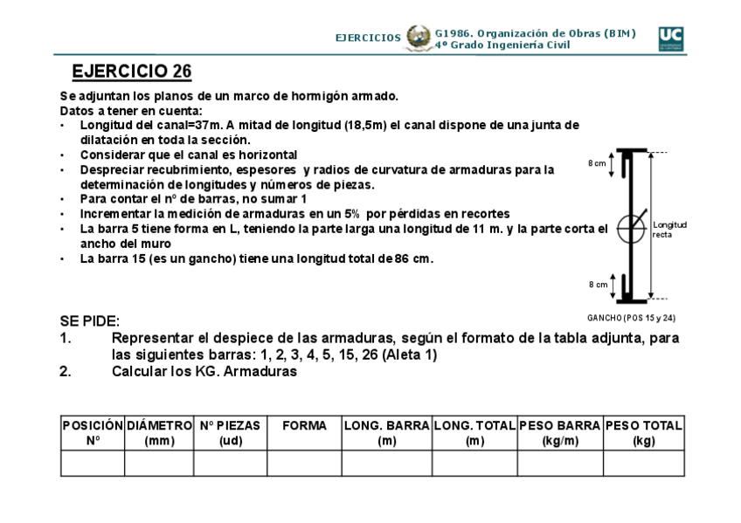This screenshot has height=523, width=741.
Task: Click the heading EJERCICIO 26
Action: pyautogui.click(x=131, y=71)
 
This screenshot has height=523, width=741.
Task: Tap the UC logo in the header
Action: pyautogui.click(x=670, y=38)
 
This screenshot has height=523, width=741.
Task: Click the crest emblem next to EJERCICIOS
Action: pyautogui.click(x=419, y=38)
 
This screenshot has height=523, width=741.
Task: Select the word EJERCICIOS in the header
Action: pyautogui.click(x=368, y=38)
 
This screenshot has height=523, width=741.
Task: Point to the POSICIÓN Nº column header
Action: pyautogui.click(x=93, y=433)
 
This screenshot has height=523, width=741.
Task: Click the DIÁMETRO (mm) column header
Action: pyautogui.click(x=159, y=433)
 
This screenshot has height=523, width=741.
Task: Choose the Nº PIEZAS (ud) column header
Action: pyautogui.click(x=230, y=433)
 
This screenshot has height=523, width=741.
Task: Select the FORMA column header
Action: pyautogui.click(x=304, y=426)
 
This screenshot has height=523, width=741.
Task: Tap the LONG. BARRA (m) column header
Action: pyautogui.click(x=386, y=433)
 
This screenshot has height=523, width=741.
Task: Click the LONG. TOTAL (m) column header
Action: pyautogui.click(x=474, y=433)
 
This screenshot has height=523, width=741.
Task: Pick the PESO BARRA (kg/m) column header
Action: pyautogui.click(x=559, y=433)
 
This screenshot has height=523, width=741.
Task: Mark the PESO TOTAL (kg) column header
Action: pyautogui.click(x=643, y=433)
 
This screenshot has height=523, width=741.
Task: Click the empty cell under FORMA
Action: pyautogui.click(x=304, y=463)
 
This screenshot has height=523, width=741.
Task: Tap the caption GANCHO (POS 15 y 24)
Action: pyautogui.click(x=631, y=318)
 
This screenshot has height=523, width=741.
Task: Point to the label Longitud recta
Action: pyautogui.click(x=669, y=230)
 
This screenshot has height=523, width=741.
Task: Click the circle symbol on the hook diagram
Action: pyautogui.click(x=631, y=229)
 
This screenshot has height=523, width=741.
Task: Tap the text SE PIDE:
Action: pyautogui.click(x=90, y=321)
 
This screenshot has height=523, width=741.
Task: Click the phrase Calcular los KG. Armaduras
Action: pyautogui.click(x=204, y=371)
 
